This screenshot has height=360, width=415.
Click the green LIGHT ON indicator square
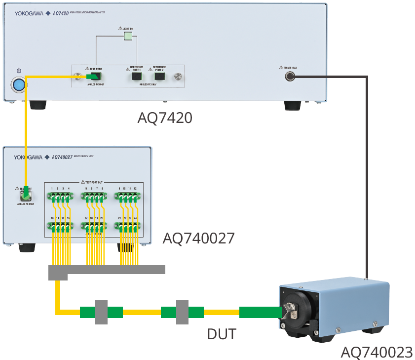(128, 36)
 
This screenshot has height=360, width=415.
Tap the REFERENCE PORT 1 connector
(135, 77)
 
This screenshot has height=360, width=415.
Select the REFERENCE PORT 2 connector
(159, 77)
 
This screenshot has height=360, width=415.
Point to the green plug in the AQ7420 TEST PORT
(93, 77)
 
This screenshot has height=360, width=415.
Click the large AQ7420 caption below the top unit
(165, 118)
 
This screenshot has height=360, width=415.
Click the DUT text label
(222, 334)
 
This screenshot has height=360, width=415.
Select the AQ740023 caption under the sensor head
(377, 353)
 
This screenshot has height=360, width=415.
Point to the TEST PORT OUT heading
(93, 182)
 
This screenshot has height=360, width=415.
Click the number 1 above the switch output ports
(52, 189)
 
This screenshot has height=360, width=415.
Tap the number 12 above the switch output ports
(135, 189)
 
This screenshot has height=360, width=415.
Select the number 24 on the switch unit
(135, 218)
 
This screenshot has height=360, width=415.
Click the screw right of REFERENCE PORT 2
(178, 77)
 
